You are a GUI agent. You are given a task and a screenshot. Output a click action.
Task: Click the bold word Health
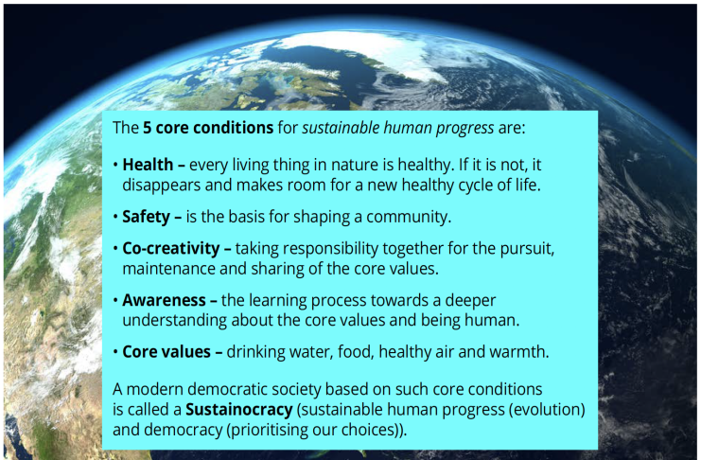click(148, 165)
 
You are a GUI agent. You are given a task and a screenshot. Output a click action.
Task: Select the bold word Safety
click(147, 217)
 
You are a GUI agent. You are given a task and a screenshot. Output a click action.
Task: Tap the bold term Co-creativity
click(171, 249)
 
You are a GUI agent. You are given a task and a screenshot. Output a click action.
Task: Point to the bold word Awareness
click(164, 300)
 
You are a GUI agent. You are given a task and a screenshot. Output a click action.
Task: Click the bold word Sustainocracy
click(239, 410)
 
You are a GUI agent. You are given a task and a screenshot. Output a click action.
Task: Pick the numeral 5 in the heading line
click(147, 128)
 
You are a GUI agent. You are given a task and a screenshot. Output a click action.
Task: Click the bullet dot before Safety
click(115, 217)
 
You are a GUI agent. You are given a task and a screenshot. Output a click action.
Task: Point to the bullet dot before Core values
click(115, 352)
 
